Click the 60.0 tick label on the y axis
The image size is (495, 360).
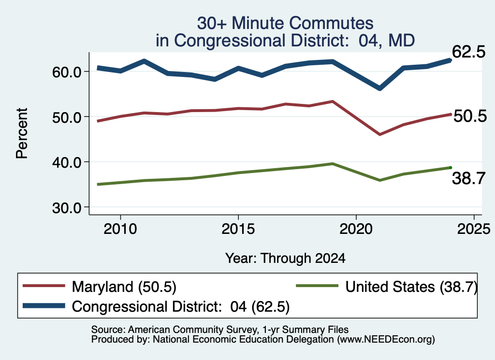[x=67, y=72]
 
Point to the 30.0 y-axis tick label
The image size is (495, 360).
[x=67, y=208]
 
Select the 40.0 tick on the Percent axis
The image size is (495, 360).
[x=67, y=163]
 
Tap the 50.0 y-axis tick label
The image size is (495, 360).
[x=67, y=117]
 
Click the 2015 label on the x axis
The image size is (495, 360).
[x=238, y=229]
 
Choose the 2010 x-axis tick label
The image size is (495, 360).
[x=120, y=229]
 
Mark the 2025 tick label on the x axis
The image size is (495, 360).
[x=474, y=229]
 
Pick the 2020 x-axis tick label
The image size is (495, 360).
[x=356, y=229]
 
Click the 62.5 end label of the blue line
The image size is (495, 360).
[x=468, y=52]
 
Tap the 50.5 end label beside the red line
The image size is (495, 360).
[x=470, y=116]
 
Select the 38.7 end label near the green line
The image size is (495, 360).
[x=468, y=178]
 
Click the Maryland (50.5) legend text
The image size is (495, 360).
[x=124, y=287]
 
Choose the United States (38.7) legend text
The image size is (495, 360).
[x=411, y=287]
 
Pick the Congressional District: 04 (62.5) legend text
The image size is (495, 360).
[x=181, y=306]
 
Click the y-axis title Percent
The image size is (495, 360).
[x=22, y=133]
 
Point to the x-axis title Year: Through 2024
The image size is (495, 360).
[x=285, y=258]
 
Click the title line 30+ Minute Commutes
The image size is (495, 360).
[x=285, y=23]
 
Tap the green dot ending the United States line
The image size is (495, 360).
[x=451, y=168]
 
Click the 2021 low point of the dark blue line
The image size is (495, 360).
[x=380, y=88]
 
